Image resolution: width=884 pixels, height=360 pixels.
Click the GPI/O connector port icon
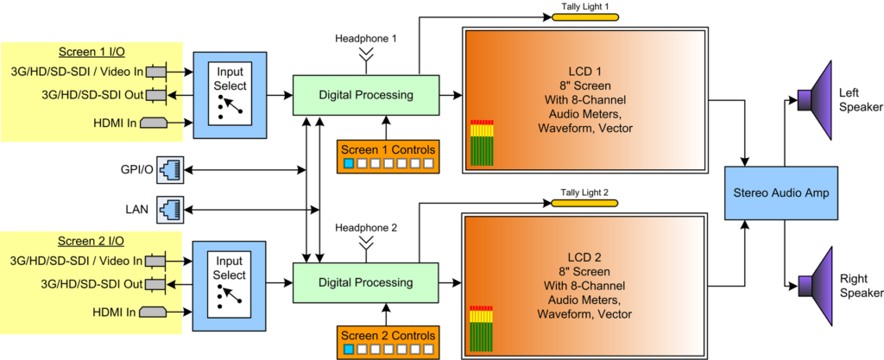[170, 170]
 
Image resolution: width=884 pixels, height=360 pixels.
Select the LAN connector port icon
[170, 208]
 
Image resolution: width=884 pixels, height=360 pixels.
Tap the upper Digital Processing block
[365, 93]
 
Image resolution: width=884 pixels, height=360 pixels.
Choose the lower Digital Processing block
[365, 281]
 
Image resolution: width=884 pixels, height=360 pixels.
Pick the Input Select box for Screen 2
[230, 281]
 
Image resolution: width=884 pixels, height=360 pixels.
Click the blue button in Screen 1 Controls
[349, 162]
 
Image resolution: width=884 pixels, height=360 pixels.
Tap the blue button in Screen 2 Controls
[349, 349]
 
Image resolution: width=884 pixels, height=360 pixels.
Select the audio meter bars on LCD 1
[482, 143]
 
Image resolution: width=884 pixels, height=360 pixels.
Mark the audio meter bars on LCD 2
[482, 332]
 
